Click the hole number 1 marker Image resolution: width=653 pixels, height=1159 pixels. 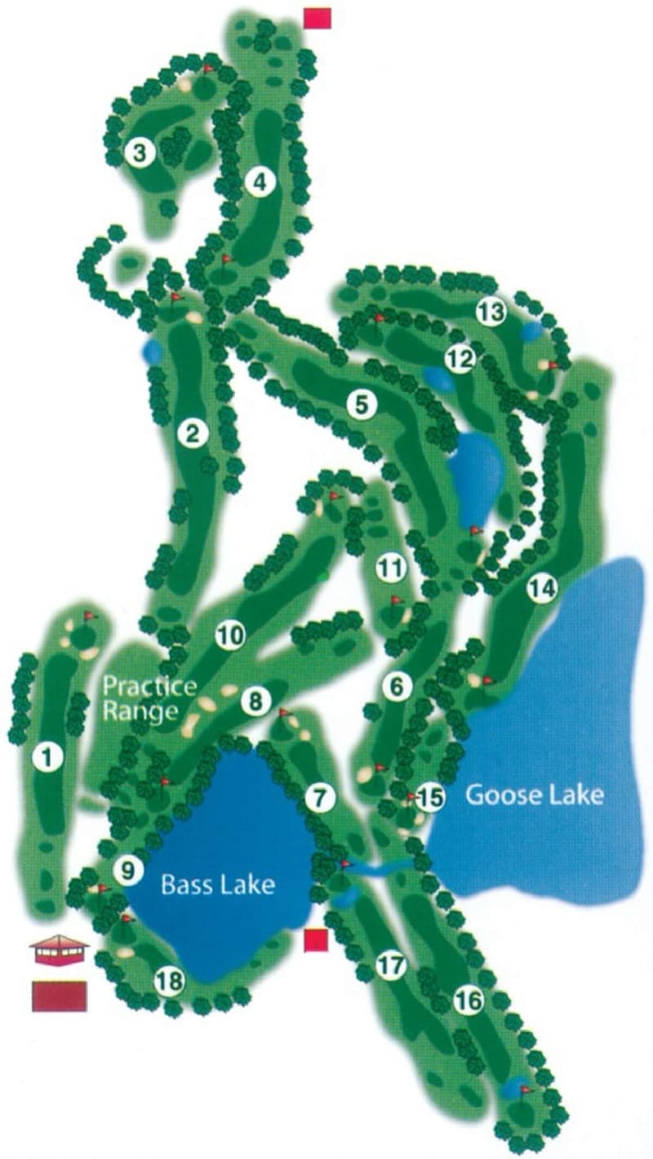47,758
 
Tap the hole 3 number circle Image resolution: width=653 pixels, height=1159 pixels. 140,153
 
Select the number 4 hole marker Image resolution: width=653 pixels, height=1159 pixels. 260,182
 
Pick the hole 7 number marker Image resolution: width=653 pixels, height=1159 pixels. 321,798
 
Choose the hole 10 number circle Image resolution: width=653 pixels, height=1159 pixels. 230,635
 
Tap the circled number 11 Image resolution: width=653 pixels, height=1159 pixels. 391,568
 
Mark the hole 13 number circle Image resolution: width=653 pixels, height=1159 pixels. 491,311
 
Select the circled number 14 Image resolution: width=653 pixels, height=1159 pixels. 541,588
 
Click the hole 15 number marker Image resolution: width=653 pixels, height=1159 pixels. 430,797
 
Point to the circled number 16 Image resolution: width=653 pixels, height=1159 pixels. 468,1001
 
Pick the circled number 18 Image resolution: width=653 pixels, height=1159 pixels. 169,981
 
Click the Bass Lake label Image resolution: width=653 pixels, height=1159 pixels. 217,885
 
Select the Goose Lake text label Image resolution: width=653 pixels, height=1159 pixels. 535,794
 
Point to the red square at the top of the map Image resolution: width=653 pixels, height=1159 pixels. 317,18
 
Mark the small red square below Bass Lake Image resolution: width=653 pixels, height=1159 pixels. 316,941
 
